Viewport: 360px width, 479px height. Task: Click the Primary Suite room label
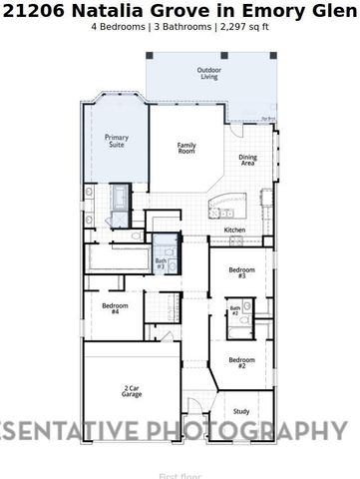coord(117,141)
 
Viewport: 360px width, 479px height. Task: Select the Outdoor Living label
coord(208,73)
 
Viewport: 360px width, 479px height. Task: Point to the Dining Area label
coord(247,160)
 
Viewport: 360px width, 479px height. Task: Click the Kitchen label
coord(234,231)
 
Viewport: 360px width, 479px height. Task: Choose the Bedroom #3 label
coord(242,272)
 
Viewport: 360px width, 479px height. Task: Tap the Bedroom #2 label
coord(241,362)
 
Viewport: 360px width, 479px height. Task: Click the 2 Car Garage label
coord(132,391)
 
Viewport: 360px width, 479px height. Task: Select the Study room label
coord(241,410)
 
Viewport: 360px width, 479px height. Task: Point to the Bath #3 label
coord(161,263)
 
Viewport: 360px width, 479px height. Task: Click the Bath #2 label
coord(235,310)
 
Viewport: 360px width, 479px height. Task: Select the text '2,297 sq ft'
coord(243,27)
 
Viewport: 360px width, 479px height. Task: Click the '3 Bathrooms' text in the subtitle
coord(180,27)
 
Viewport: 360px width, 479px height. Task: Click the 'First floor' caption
coord(180,474)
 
